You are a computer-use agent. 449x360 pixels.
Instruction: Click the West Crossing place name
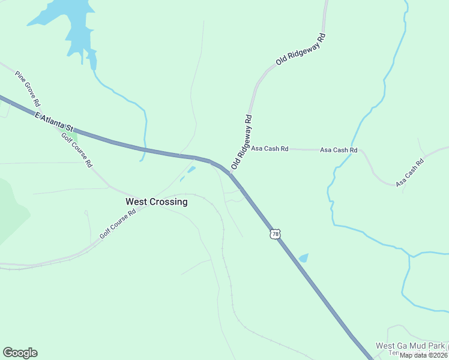click(156, 202)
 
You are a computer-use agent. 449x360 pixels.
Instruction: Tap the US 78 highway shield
click(275, 234)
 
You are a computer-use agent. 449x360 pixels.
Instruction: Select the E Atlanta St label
click(53, 121)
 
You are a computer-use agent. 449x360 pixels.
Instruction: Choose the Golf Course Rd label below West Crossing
click(118, 224)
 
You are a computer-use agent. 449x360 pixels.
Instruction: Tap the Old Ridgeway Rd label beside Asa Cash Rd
click(242, 142)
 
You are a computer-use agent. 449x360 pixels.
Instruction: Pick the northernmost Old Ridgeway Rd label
click(301, 49)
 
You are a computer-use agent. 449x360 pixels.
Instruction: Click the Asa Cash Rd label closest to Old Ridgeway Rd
click(270, 148)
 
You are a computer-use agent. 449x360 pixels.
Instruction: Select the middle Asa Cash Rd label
click(339, 150)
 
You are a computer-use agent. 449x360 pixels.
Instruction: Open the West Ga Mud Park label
click(411, 346)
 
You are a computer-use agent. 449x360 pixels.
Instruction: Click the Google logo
click(20, 353)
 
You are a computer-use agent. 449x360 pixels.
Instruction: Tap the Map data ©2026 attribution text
click(424, 355)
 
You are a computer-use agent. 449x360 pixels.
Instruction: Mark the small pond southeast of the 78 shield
click(303, 258)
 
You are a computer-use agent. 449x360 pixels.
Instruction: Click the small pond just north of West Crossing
click(191, 170)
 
